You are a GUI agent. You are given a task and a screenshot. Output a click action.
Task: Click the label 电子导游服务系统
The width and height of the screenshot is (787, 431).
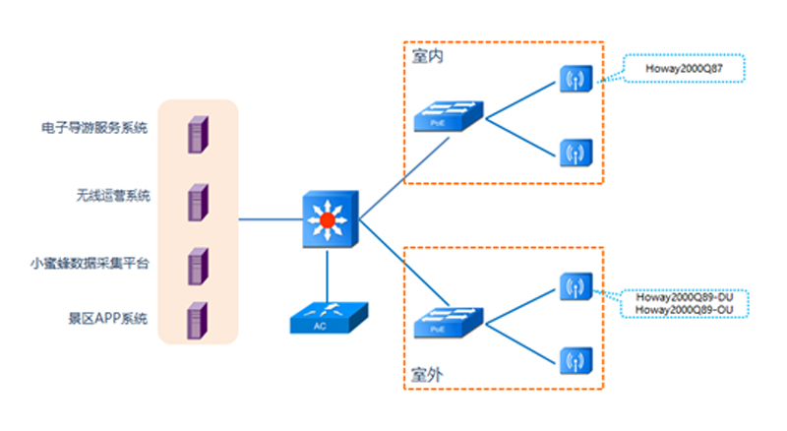[x=94, y=128]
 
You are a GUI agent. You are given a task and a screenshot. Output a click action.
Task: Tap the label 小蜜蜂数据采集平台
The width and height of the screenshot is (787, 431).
[x=90, y=263]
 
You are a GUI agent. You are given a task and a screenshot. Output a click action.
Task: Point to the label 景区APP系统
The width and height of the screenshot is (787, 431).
[x=107, y=319]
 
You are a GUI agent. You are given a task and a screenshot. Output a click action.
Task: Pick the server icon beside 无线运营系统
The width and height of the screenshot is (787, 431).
[x=198, y=200]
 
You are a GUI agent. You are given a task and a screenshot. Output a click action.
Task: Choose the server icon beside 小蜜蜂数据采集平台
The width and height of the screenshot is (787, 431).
[x=198, y=266]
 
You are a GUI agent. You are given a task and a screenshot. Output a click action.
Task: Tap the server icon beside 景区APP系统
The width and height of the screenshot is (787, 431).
[x=198, y=320]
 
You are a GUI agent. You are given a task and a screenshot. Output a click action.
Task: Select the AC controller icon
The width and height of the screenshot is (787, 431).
[x=330, y=317]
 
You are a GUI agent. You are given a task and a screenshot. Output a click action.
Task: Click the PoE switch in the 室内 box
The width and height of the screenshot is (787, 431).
[x=448, y=117]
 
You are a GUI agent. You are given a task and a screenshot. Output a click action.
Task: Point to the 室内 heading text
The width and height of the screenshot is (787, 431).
[x=427, y=57]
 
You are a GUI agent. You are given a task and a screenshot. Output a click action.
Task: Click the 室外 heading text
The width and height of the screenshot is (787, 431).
[x=427, y=375]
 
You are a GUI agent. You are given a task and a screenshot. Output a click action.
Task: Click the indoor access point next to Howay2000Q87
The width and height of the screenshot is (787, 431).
[x=573, y=79]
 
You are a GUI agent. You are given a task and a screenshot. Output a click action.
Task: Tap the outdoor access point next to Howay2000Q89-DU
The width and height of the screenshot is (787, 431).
[x=573, y=286]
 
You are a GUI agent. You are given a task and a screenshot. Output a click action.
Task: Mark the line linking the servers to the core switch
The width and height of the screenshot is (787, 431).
[x=271, y=219]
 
